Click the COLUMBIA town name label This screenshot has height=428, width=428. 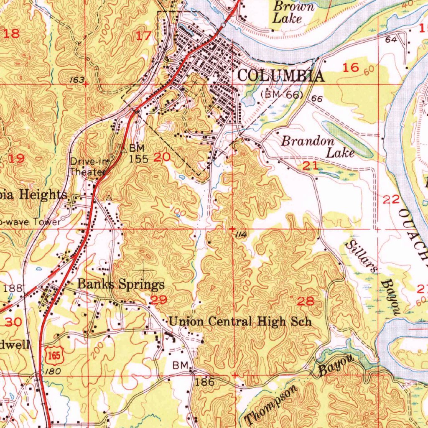click(280, 76)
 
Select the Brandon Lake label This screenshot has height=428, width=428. click(318, 147)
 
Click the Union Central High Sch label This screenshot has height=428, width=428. click(240, 321)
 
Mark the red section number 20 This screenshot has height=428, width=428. click(162, 158)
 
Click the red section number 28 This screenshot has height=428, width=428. click(305, 301)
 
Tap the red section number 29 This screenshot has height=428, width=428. click(159, 300)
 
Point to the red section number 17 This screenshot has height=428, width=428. click(144, 36)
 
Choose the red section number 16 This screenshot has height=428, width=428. click(351, 67)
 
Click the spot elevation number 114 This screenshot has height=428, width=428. click(240, 235)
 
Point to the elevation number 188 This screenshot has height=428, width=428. click(11, 288)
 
